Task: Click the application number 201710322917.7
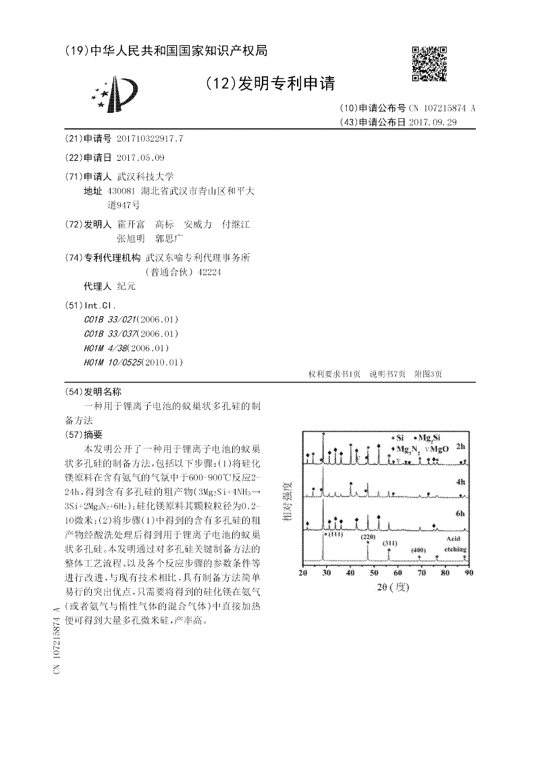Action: click(x=149, y=138)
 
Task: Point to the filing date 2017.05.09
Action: click(x=140, y=157)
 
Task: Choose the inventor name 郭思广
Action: click(x=169, y=238)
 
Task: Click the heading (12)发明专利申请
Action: click(x=271, y=83)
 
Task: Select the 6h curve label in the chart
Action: click(x=460, y=514)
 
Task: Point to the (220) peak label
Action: click(x=367, y=536)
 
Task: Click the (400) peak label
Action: click(x=418, y=551)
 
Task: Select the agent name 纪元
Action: click(x=126, y=286)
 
